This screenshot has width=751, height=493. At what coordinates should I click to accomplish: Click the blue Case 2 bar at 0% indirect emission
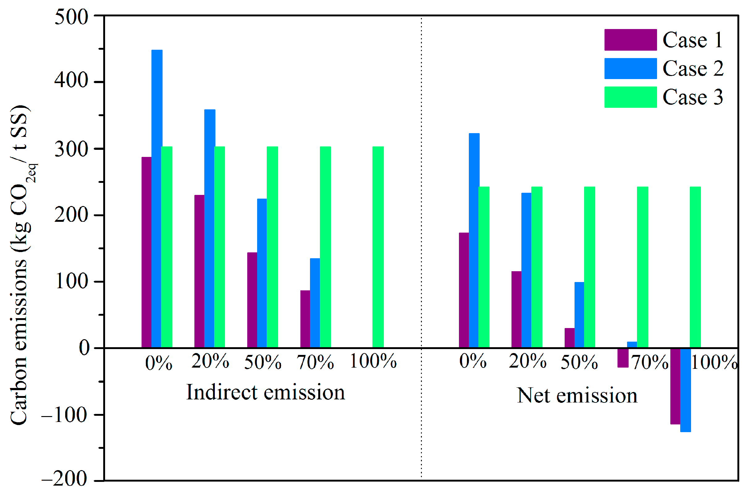[x=157, y=199]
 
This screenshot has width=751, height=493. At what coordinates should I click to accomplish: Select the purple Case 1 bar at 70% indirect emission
[x=305, y=319]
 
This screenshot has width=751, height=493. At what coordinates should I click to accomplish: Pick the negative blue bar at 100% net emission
[x=685, y=390]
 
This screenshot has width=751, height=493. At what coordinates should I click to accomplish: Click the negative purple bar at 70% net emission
[x=622, y=358]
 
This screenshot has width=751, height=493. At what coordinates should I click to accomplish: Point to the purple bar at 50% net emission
[x=569, y=338]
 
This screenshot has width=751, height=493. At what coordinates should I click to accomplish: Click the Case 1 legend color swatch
[x=630, y=40]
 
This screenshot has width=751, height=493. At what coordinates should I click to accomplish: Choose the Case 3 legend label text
[x=692, y=97]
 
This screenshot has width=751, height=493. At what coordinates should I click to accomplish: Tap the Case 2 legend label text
[x=693, y=69]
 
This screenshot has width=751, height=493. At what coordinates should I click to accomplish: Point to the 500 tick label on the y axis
[x=71, y=17]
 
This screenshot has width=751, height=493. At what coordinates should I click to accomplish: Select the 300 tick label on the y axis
[x=71, y=149]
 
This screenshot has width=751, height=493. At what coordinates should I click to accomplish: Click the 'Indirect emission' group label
[x=265, y=393]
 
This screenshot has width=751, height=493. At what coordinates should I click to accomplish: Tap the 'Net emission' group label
[x=577, y=395]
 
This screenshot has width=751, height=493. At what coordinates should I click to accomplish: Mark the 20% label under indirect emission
[x=210, y=361]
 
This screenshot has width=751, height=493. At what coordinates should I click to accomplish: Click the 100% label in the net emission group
[x=714, y=362]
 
